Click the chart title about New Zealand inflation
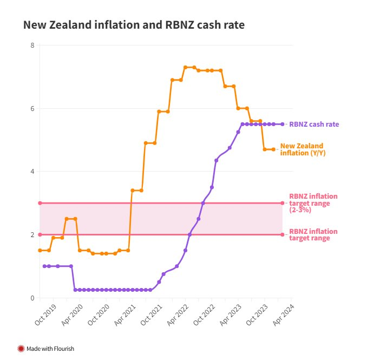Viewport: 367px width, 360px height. pos(134,25)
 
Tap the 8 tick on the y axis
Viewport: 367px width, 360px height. pos(32,45)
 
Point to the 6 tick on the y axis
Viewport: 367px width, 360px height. pos(32,108)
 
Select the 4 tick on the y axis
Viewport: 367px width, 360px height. pos(32,172)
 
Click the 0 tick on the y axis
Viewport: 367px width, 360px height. pos(32,298)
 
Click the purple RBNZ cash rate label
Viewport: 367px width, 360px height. pos(314,124)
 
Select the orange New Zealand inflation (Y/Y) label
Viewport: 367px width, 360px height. pos(303,149)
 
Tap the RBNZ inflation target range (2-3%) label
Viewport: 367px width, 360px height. pos(313,202)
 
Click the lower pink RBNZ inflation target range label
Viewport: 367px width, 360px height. pos(313,234)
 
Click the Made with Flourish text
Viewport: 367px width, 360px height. pos(50,349)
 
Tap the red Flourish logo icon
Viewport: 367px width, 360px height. pos(21,349)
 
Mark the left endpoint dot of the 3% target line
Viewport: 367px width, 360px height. pos(40,203)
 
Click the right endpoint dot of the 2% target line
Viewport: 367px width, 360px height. pos(283,234)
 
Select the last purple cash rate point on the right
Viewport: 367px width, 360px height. pos(282,124)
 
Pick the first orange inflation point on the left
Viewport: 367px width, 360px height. pos(40,250)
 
